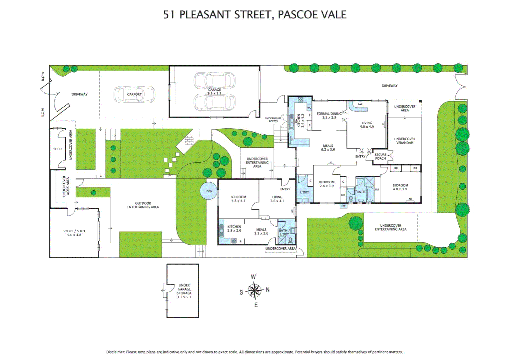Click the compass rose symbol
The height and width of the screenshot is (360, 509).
click(254, 291)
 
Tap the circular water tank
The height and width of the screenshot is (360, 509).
click(209, 191)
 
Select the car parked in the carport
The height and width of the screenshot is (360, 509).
click(135, 94)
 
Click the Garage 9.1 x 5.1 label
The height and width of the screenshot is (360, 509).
click(215, 92)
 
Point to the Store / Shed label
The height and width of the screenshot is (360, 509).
click(74, 233)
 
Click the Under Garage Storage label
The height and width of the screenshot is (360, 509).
click(184, 291)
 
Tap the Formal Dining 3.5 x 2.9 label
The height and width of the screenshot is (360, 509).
click(329, 116)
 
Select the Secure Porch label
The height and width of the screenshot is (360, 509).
click(380, 157)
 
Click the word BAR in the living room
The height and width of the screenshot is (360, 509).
click(360, 104)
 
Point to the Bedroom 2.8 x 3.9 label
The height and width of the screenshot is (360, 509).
click(326, 184)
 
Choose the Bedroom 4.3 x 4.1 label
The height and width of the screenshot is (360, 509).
click(238, 199)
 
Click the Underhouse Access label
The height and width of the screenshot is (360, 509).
click(273, 120)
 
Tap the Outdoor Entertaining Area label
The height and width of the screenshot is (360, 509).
click(143, 205)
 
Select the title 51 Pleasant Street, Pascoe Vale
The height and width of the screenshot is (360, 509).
click(255, 15)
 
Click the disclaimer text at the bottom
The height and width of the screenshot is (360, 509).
click(254, 352)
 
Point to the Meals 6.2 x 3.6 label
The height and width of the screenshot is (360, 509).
click(328, 148)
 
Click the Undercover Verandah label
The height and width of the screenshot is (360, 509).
click(404, 141)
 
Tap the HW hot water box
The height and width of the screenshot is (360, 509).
click(343, 206)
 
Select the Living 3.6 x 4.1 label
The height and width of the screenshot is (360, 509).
click(277, 199)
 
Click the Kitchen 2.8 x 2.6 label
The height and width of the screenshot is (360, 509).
click(234, 228)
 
